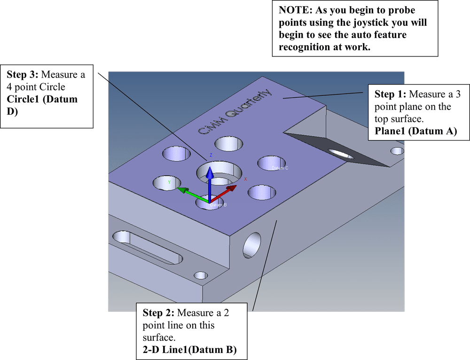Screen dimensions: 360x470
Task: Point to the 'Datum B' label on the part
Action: click(219, 205)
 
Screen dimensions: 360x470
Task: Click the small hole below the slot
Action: click(201, 275)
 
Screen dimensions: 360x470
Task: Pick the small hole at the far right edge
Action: click(397, 151)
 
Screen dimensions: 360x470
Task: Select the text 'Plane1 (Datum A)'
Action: click(415, 132)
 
